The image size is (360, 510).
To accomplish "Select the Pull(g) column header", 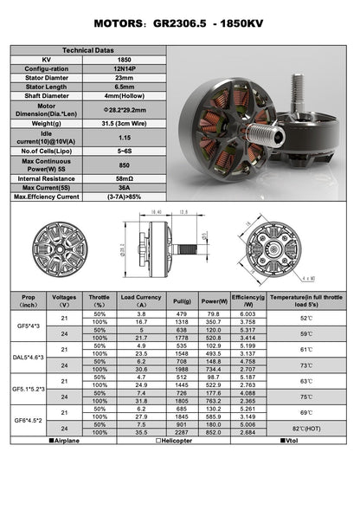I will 182,300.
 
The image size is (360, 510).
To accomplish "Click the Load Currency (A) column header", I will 141,300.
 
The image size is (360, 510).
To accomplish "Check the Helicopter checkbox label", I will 181,442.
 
